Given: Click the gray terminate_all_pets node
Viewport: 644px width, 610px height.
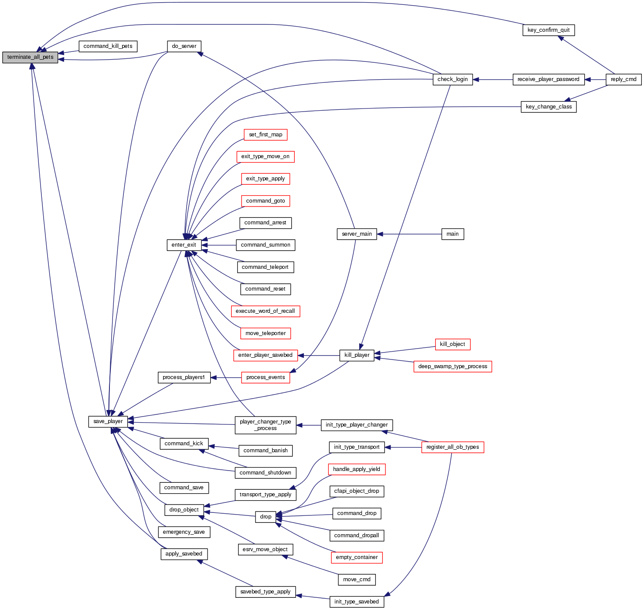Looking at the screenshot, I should click(x=30, y=57).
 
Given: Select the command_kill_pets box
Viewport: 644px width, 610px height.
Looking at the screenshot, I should click(x=108, y=46).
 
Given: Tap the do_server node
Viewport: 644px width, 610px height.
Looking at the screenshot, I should click(x=184, y=46).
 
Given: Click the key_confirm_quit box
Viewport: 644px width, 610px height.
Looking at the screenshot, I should click(x=549, y=30).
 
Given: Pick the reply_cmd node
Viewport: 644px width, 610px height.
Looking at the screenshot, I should click(x=624, y=79).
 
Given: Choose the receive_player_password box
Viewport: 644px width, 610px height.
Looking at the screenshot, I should click(x=548, y=79).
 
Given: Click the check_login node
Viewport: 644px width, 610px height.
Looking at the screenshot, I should click(x=453, y=79).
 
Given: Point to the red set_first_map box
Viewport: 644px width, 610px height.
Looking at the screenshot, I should click(x=266, y=135).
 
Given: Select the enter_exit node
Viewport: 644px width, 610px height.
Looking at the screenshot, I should click(x=184, y=245).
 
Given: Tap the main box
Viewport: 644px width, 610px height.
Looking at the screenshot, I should click(x=453, y=234).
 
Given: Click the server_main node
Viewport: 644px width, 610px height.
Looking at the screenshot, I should click(x=357, y=234).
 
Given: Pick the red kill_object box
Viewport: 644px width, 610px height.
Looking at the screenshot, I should click(x=453, y=344).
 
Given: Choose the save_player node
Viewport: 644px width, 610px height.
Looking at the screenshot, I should click(x=108, y=421).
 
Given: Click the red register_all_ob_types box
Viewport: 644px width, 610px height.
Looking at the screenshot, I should click(x=453, y=447).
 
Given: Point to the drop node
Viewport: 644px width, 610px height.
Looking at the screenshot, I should click(x=266, y=517).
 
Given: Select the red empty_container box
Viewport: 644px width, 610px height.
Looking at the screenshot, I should click(x=357, y=557).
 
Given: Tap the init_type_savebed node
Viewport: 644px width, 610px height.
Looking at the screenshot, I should click(x=357, y=602).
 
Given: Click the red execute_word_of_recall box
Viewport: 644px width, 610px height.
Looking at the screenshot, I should click(x=266, y=311).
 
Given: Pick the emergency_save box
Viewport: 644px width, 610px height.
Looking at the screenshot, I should click(x=184, y=532).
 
